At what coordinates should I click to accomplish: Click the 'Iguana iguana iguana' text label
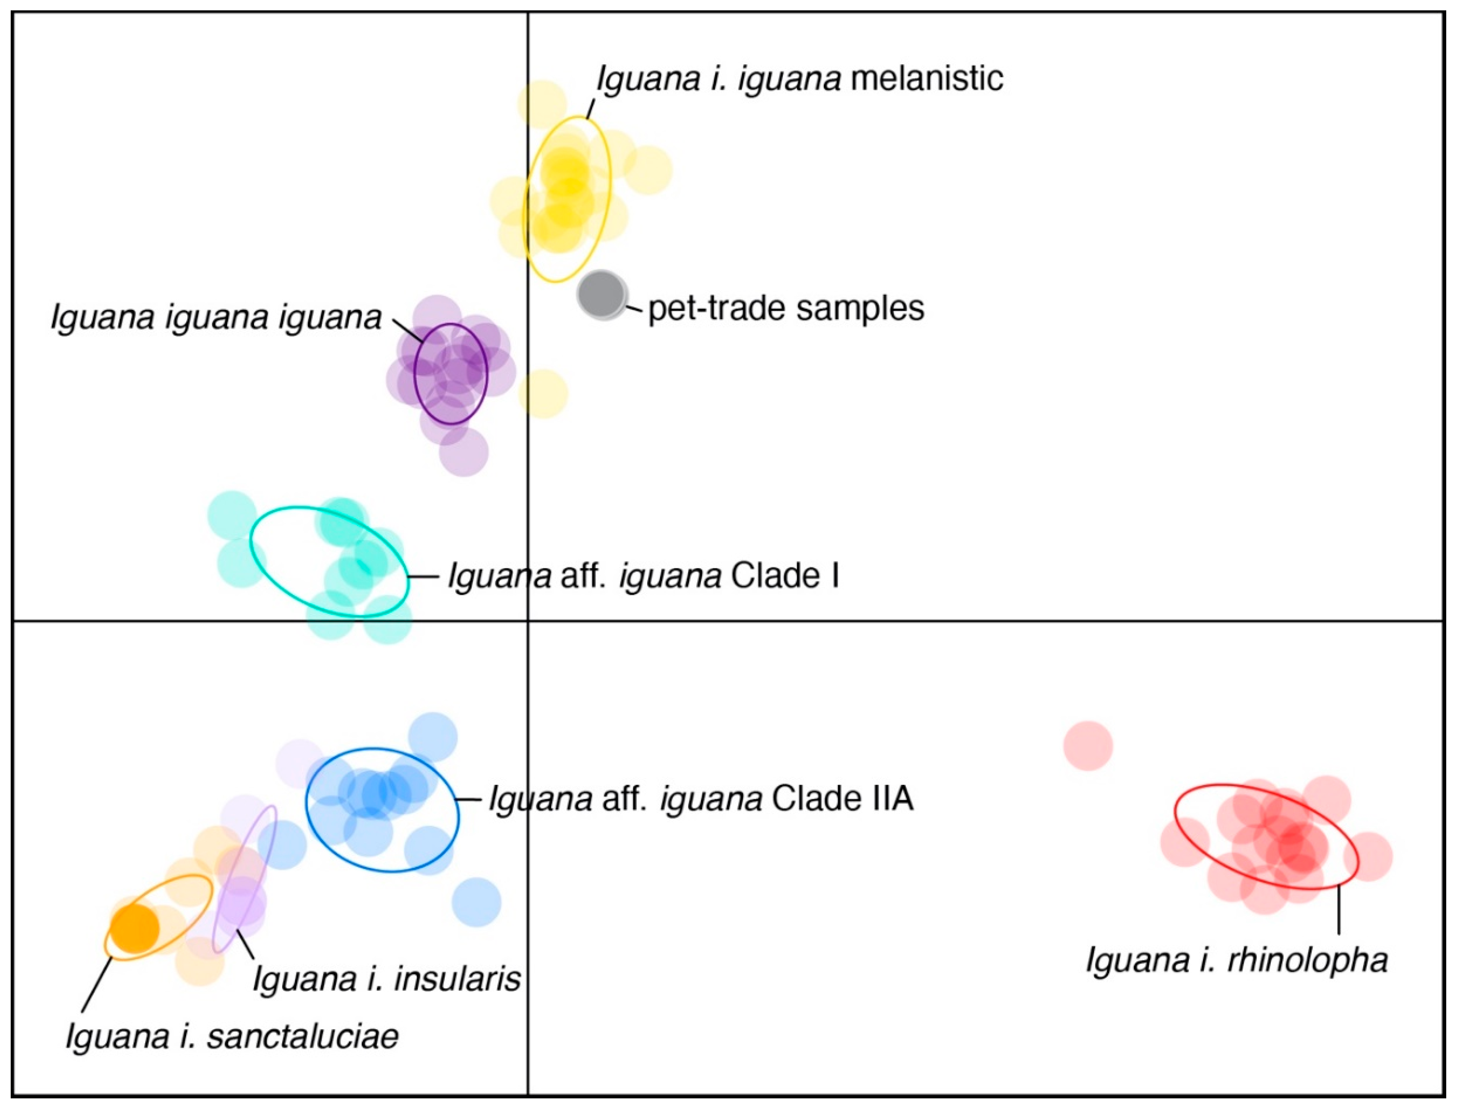click(216, 318)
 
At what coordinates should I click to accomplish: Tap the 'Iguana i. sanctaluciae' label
click(232, 1036)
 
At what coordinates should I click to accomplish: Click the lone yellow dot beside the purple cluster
click(543, 394)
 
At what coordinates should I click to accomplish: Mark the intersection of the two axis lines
click(528, 621)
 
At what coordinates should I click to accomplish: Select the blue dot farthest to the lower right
click(477, 901)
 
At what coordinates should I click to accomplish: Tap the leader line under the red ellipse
click(1338, 910)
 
